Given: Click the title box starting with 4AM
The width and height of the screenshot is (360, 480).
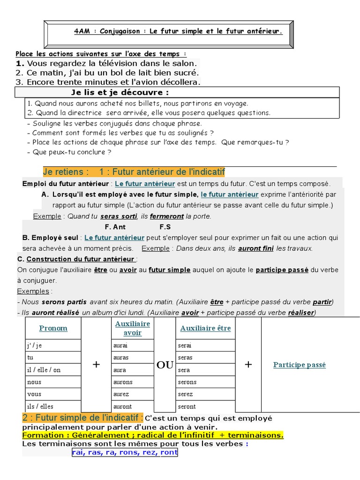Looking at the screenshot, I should tap(178, 32).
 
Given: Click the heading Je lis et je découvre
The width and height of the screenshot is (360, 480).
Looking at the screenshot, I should tap(120, 92).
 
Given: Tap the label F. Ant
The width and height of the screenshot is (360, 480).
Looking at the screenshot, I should tap(115, 227).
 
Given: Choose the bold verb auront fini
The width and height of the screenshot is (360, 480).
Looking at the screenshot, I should tap(255, 248).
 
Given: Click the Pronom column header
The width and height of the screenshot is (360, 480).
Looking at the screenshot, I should tap(53, 328).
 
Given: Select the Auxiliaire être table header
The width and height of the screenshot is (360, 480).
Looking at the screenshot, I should tap(205, 328).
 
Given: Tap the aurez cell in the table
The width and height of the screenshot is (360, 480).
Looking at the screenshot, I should tap(121, 394).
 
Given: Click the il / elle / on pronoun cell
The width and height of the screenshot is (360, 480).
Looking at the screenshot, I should tap(44, 370).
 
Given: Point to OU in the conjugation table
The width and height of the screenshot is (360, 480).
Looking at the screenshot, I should tap(165, 365).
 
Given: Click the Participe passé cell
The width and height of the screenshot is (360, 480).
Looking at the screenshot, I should tap(299, 365).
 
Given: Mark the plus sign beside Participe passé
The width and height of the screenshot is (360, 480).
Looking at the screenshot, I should tap(248, 365).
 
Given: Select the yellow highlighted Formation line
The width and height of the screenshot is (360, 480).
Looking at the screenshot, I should tap(153, 435).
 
